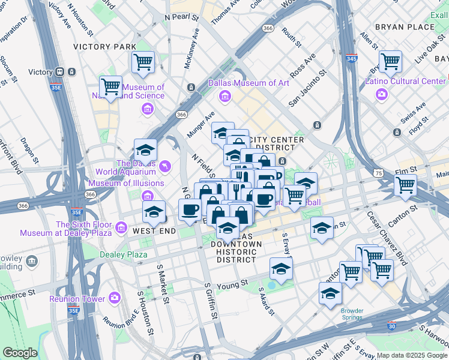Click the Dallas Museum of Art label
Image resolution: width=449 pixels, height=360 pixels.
point(249,83)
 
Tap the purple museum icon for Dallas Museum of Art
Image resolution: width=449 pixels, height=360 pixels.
point(225,96)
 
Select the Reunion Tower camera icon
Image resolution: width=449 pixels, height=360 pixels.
point(115,298)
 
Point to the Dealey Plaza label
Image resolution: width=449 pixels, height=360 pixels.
point(123,255)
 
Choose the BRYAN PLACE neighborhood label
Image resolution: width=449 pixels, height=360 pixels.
point(404,27)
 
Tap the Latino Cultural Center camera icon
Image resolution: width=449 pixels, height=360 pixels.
point(381,94)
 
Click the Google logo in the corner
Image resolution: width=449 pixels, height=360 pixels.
point(20,352)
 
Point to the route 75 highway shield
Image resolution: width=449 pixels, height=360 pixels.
point(378,173)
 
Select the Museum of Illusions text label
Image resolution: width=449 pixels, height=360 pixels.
point(126,183)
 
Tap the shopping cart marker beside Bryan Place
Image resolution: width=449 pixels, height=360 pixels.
point(390,61)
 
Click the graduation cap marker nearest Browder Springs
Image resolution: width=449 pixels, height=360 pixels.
point(330,293)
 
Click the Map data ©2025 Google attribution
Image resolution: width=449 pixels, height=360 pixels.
point(411,355)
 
